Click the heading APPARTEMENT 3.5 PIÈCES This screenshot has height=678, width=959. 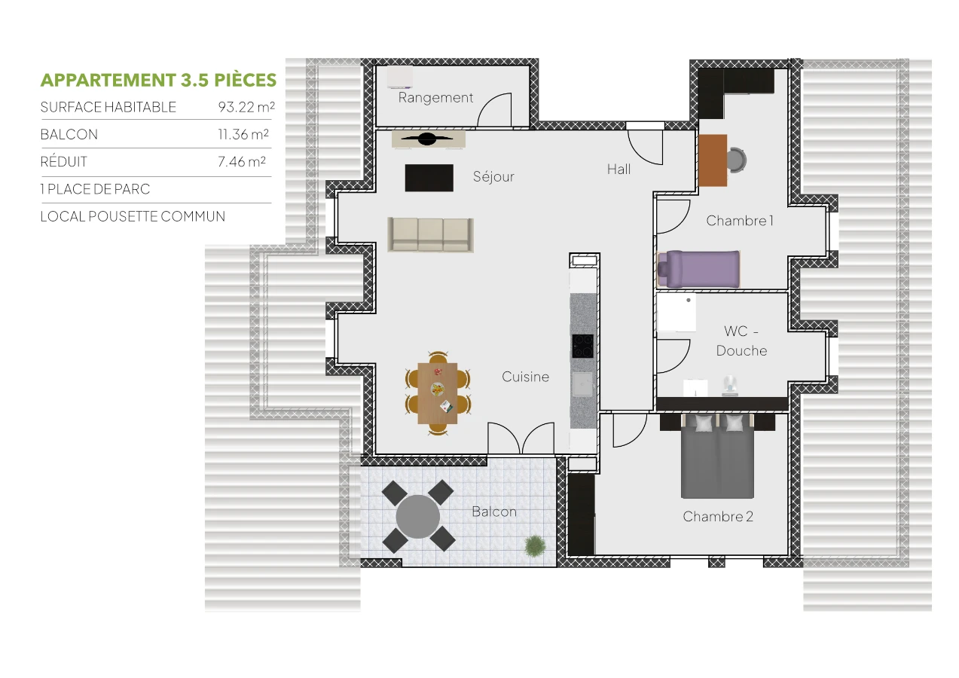click(158, 80)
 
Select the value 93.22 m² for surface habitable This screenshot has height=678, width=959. click(246, 107)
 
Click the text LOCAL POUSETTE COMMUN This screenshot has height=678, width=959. click(133, 217)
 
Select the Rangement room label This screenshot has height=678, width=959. click(435, 98)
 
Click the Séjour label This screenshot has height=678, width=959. click(493, 177)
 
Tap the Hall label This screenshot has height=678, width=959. click(618, 169)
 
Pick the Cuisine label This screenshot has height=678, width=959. click(525, 377)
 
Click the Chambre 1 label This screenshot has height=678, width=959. click(739, 221)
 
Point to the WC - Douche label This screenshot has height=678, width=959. click(741, 341)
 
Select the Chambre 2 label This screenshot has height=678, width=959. click(718, 517)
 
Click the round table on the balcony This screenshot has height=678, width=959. click(417, 516)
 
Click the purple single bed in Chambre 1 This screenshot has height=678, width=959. click(698, 269)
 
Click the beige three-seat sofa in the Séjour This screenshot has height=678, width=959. click(431, 235)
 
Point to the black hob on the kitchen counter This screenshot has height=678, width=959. click(582, 346)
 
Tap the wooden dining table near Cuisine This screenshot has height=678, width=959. click(438, 392)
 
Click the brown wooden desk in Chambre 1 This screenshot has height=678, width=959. click(713, 160)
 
